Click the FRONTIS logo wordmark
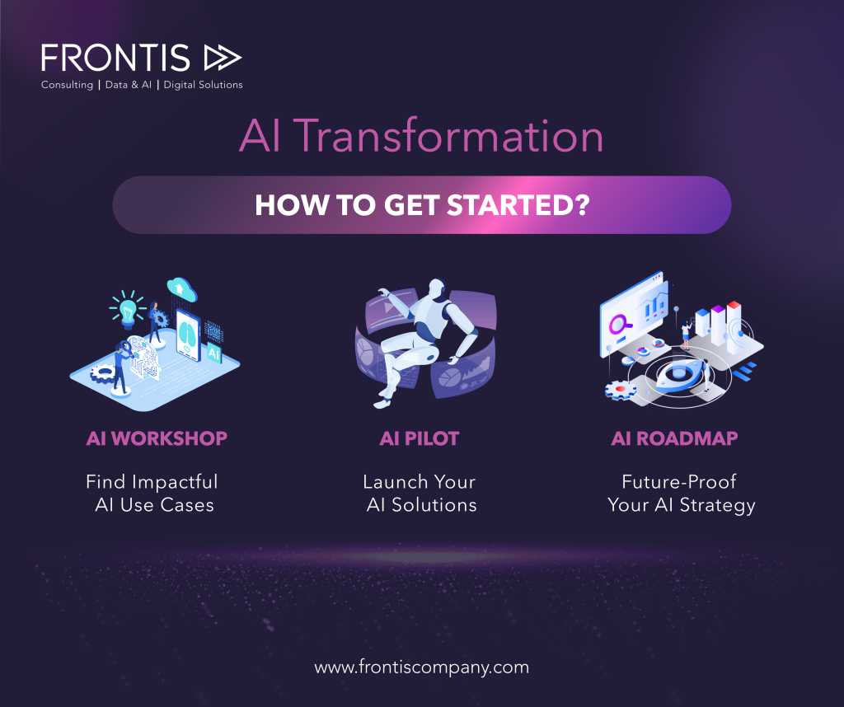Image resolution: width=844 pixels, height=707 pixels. [x=115, y=59]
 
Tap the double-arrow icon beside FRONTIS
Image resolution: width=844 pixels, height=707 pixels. [x=223, y=59]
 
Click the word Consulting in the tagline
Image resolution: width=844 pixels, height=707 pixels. [x=68, y=85]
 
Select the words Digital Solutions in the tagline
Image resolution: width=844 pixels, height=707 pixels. [x=203, y=85]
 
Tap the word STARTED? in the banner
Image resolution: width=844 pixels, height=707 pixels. [x=518, y=205]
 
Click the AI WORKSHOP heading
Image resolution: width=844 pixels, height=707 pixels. [x=157, y=438]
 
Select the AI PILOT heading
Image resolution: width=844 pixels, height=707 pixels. [x=420, y=438]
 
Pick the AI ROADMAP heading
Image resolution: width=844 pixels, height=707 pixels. [x=674, y=438]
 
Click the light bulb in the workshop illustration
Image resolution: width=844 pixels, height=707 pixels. [x=128, y=311]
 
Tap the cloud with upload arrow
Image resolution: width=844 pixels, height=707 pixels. [x=181, y=289]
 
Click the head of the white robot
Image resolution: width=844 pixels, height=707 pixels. [x=437, y=288]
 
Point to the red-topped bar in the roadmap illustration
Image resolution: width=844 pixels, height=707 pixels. [x=734, y=327]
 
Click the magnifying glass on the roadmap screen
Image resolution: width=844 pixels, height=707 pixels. [x=620, y=325]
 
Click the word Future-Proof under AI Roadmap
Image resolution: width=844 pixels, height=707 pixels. [x=679, y=481]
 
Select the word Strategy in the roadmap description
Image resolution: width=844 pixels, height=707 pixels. [x=718, y=506]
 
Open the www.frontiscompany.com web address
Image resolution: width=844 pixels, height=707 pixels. [x=421, y=667]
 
